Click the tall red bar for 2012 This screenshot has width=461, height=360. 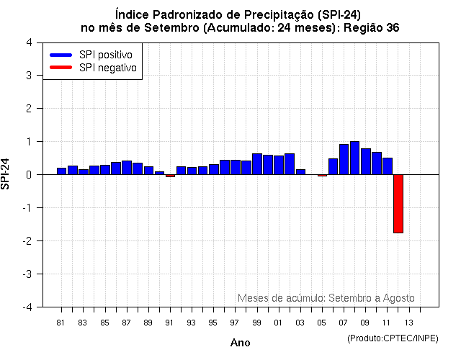click(398, 204)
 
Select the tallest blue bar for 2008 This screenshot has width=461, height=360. click(354, 158)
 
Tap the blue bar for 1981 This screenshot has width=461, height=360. click(61, 171)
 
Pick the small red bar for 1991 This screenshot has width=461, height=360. click(170, 176)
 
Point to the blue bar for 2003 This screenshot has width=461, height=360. click(300, 172)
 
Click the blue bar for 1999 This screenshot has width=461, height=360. click(257, 164)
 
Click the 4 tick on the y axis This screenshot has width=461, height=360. click(28, 42)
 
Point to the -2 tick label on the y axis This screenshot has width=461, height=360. click(27, 241)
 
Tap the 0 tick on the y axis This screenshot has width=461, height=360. click(28, 175)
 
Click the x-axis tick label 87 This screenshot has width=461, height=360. click(126, 322)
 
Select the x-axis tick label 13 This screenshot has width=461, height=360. click(408, 322)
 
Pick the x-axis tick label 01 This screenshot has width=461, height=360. click(278, 322)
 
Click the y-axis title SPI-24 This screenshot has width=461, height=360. click(7, 174)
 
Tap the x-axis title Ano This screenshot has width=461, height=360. click(240, 343)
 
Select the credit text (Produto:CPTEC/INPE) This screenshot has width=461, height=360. click(392, 338)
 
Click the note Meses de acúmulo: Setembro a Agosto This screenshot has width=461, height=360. click(326, 298)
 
